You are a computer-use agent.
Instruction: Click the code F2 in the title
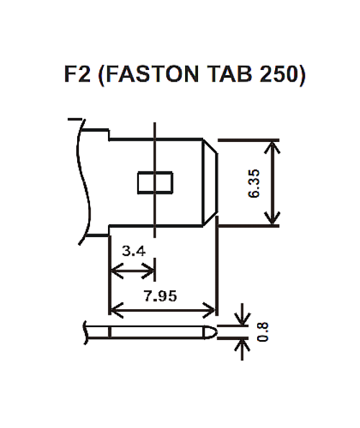click(x=77, y=75)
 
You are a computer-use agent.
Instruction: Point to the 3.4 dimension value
click(x=134, y=252)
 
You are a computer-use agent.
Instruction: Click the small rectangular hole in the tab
click(x=155, y=182)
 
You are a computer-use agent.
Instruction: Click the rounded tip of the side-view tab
click(x=211, y=332)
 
